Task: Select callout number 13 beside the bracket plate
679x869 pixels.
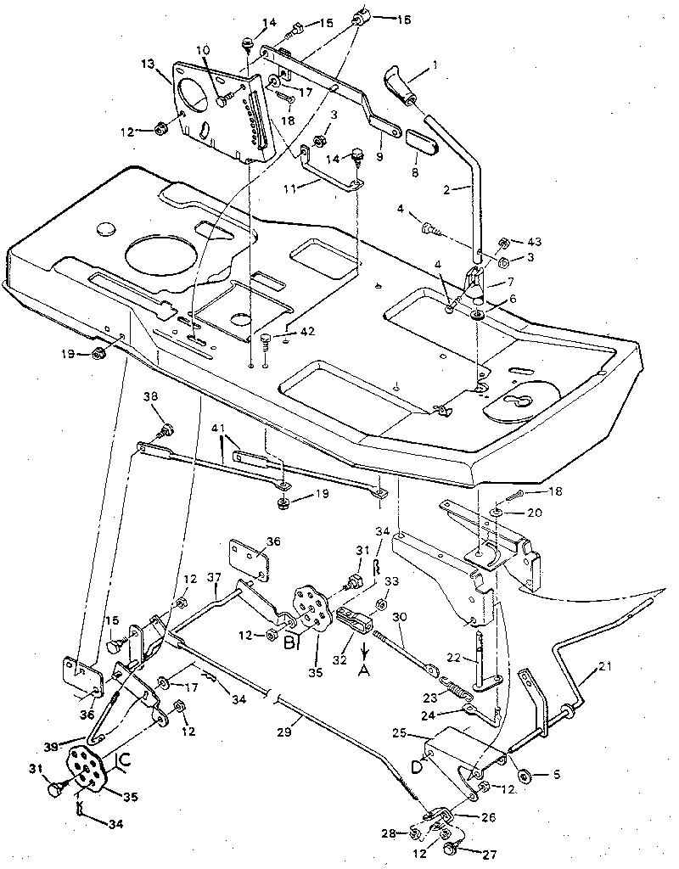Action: [149, 65]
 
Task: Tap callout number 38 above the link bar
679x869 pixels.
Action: [150, 396]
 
